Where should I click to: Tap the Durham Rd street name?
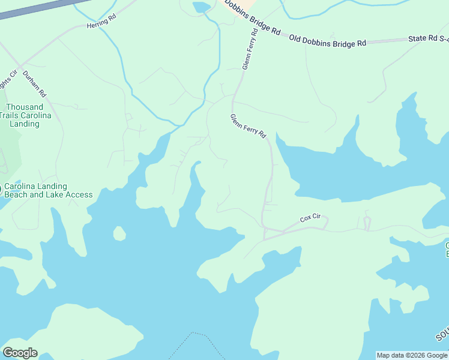(34, 84)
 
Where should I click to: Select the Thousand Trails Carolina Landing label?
(25, 115)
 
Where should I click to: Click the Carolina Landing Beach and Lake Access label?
(48, 190)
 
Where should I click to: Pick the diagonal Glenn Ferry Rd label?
(248, 127)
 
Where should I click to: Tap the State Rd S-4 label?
(428, 38)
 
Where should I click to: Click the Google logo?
(20, 352)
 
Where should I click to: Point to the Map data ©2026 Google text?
(412, 355)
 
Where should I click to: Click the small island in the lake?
(119, 233)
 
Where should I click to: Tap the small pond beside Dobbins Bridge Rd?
(201, 7)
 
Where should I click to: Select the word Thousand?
(25, 107)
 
